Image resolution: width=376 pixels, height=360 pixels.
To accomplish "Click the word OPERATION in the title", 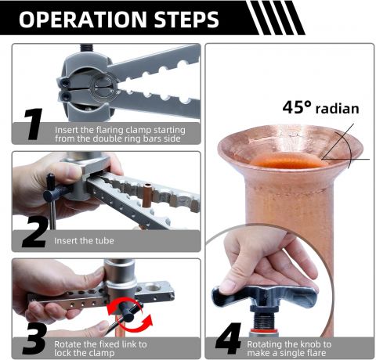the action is click(83, 20).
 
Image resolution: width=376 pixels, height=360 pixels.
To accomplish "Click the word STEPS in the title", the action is click(186, 20).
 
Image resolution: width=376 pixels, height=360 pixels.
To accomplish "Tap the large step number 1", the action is click(34, 124).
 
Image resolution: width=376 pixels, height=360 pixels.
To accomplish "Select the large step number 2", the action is click(35, 232).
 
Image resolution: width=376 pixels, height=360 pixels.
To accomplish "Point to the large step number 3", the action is click(35, 339).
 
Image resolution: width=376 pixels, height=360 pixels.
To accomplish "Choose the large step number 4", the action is click(229, 339).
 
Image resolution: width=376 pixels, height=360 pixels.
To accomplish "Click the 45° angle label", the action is click(297, 107).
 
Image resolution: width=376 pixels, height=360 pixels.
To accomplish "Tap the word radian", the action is click(338, 109).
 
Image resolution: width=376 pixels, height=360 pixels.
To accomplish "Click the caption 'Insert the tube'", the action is click(84, 240).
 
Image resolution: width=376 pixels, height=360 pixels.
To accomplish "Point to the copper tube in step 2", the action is click(146, 195).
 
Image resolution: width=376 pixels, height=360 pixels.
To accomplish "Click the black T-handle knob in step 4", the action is click(264, 296).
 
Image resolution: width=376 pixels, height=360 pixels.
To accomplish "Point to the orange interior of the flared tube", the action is click(287, 160).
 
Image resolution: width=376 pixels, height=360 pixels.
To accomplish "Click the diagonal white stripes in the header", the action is click(276, 18).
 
